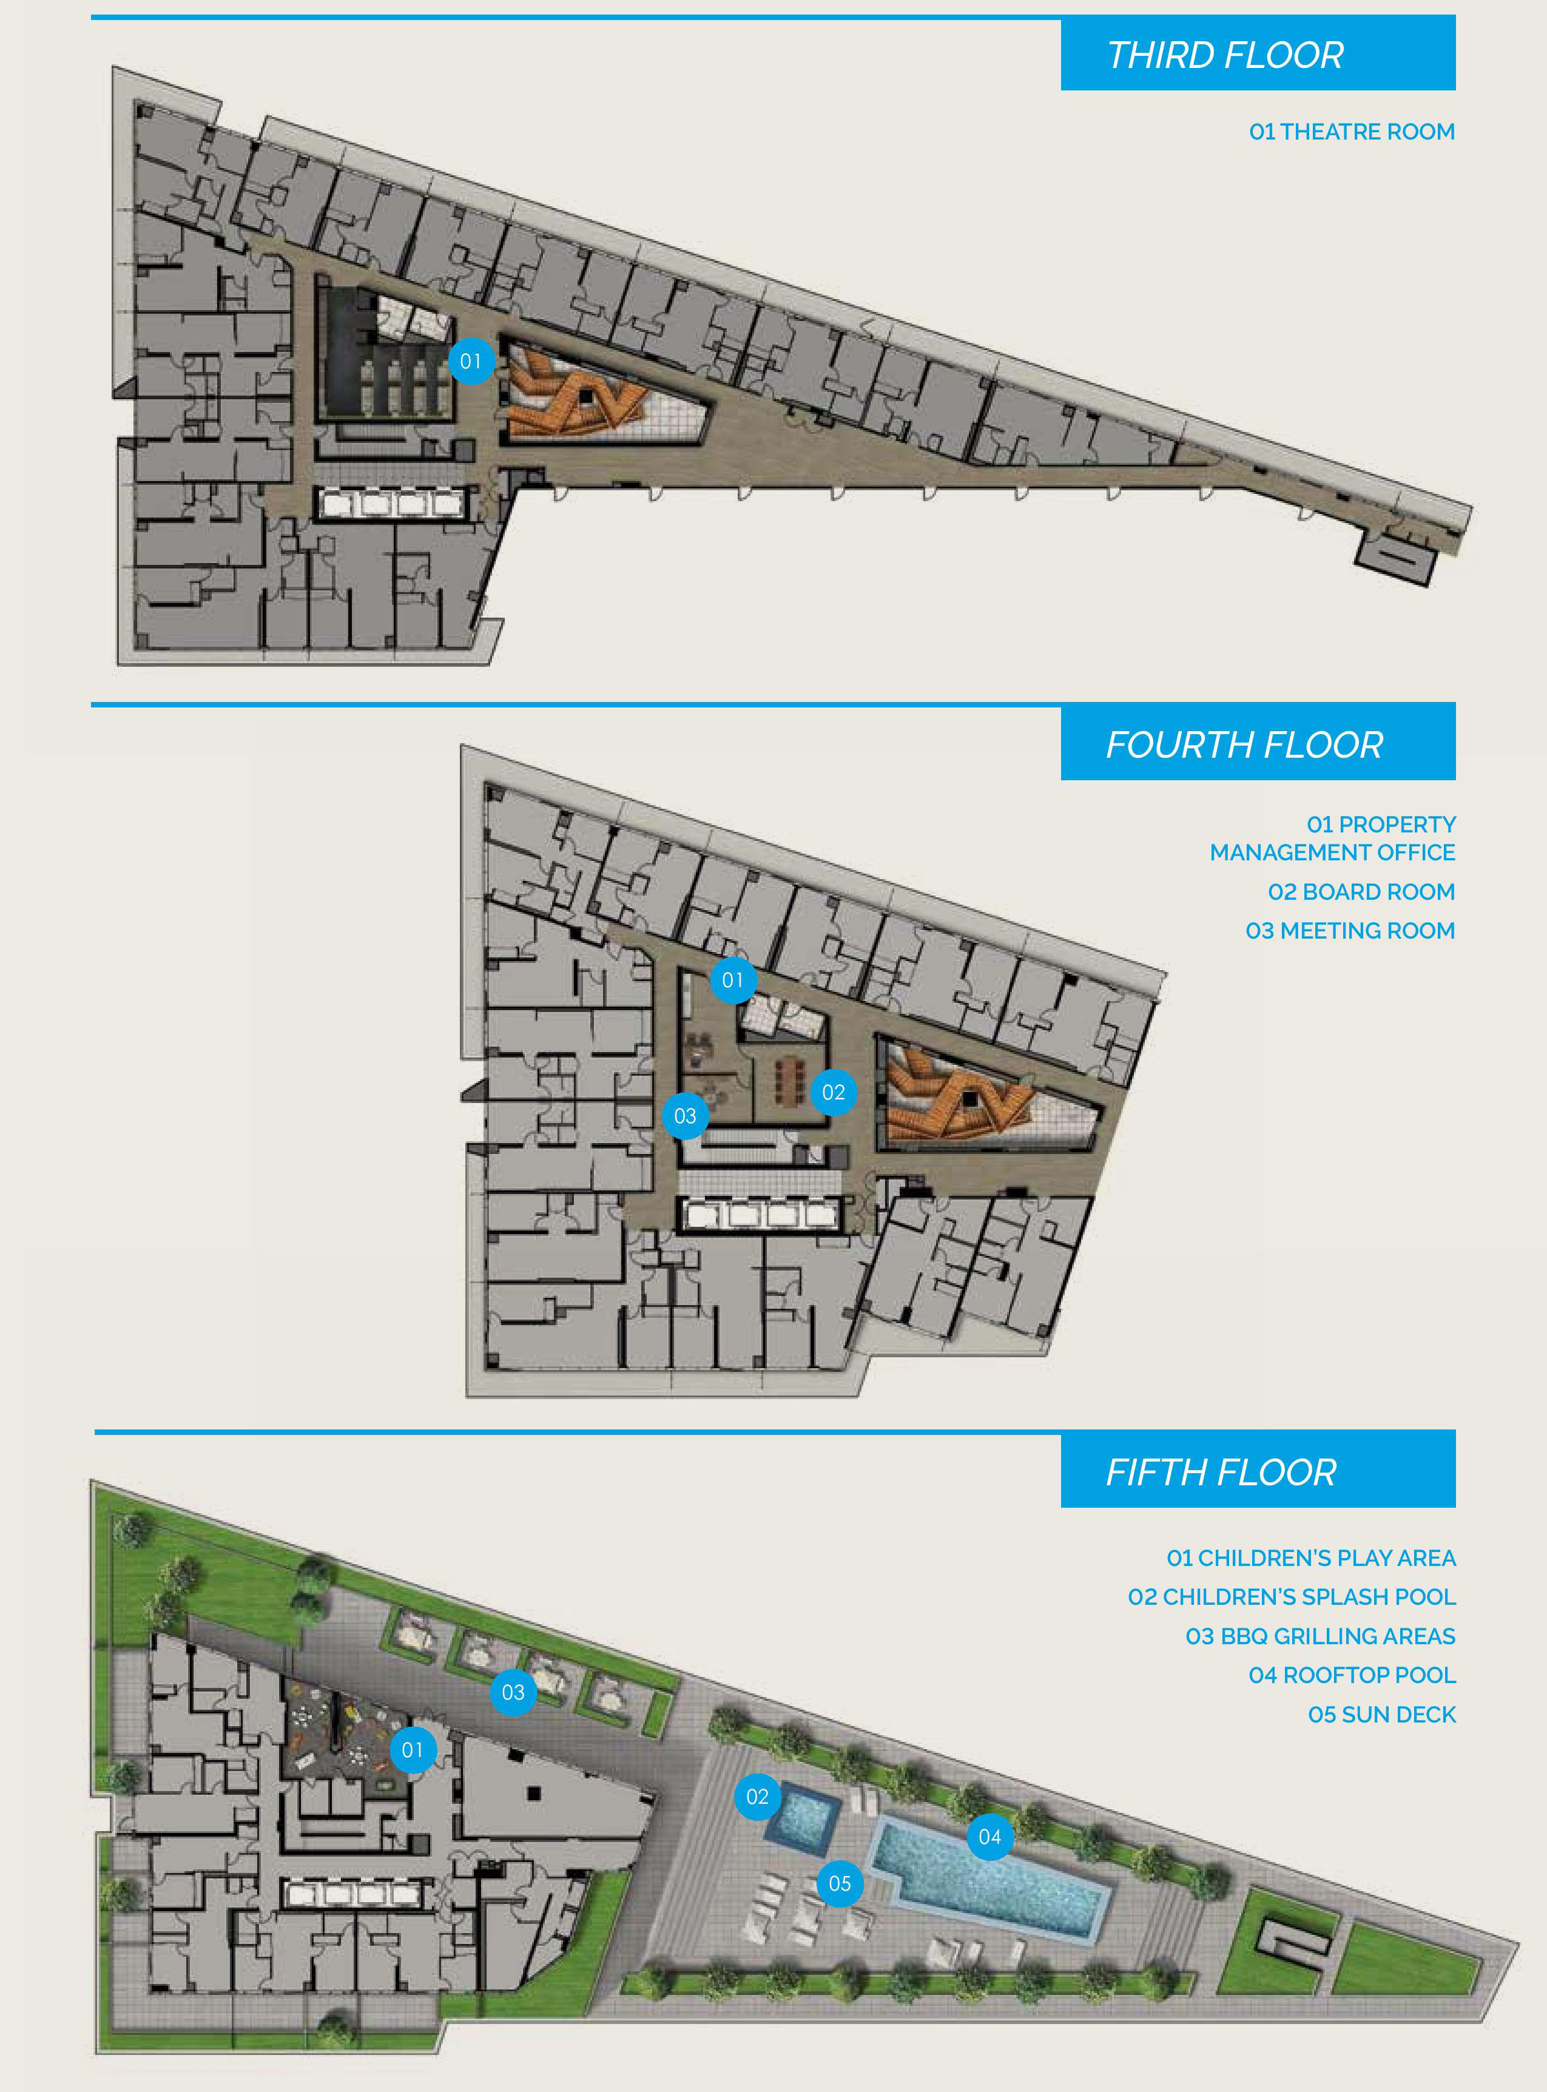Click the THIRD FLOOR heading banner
(x=1258, y=53)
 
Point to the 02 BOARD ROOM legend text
(x=1361, y=891)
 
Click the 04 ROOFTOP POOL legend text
(x=1352, y=1675)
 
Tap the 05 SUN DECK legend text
(x=1382, y=1715)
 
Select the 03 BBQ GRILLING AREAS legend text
(x=1320, y=1636)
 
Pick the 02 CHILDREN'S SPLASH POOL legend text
(x=1292, y=1597)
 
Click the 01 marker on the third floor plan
(x=471, y=360)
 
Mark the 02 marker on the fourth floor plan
(x=834, y=1092)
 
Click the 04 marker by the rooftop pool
(x=990, y=1837)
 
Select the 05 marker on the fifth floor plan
(x=840, y=1883)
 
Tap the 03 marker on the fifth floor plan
(x=513, y=1692)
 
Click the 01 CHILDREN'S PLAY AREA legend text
(x=1311, y=1558)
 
